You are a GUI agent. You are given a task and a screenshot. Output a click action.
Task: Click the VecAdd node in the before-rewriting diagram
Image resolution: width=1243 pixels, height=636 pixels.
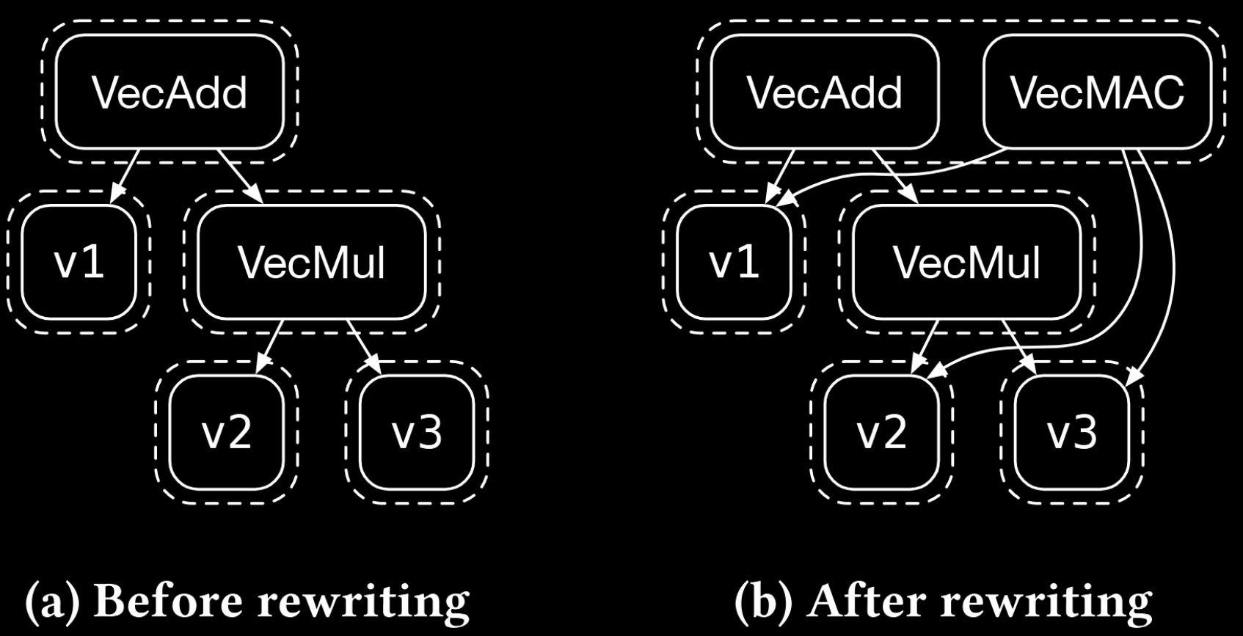pos(169,92)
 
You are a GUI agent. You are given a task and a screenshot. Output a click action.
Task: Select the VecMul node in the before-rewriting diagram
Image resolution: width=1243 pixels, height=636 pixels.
pos(312,262)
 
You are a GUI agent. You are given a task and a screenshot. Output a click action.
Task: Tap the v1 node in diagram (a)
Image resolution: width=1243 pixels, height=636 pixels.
pos(79,262)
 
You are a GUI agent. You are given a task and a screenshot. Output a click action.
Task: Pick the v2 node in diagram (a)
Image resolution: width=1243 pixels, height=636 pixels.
pos(226,432)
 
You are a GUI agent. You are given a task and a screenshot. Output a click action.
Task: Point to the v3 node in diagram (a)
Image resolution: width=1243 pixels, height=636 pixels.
pos(417,432)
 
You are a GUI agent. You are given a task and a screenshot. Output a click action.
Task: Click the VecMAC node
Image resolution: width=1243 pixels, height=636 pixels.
pos(1097,92)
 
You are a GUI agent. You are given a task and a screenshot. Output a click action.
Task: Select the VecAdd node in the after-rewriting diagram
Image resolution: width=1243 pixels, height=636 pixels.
pos(825,92)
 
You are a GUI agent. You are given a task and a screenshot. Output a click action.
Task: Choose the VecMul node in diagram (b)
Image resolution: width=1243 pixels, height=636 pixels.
pos(966,262)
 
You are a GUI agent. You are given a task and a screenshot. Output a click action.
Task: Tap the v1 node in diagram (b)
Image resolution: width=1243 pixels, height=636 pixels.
pos(734,262)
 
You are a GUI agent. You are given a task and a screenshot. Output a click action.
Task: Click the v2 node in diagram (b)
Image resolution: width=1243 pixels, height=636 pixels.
pos(881,432)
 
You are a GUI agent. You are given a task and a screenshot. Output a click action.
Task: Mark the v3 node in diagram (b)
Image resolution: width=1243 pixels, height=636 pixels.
pos(1072,432)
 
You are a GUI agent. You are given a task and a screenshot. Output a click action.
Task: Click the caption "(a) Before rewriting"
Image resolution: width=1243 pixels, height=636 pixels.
pos(247,602)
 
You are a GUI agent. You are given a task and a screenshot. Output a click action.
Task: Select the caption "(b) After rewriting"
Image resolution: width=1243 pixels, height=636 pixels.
pos(943,602)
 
